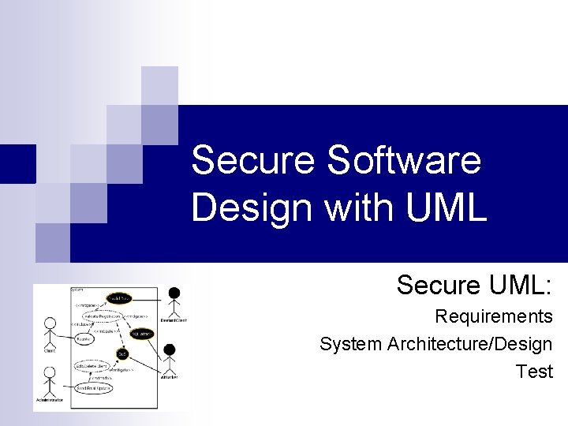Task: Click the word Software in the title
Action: point(403,161)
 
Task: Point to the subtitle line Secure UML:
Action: point(474,285)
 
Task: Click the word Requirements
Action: point(494,317)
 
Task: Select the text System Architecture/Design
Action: point(435,344)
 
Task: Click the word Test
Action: point(534,371)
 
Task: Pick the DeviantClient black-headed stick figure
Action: point(174,301)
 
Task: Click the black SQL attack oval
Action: point(141,334)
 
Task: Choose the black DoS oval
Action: point(122,353)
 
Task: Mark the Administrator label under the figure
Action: point(50,400)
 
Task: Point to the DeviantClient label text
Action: point(174,321)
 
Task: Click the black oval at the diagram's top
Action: point(121,298)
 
